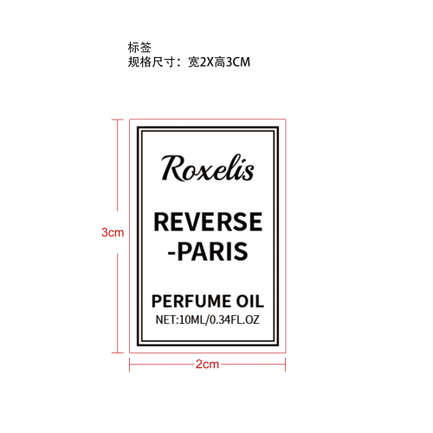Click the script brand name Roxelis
click(x=208, y=168)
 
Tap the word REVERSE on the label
click(x=208, y=222)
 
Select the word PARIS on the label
click(x=212, y=251)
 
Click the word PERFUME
click(x=191, y=301)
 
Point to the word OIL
click(x=250, y=301)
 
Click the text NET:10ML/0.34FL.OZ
click(x=208, y=320)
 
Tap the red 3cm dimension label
click(x=113, y=232)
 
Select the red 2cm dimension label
click(x=207, y=364)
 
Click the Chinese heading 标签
click(x=139, y=48)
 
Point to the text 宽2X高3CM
click(x=219, y=62)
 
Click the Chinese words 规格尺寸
click(x=152, y=62)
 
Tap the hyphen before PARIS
click(x=171, y=253)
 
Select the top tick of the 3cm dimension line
click(x=118, y=120)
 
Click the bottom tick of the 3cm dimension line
click(x=118, y=352)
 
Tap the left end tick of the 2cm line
click(x=130, y=365)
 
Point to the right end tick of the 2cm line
click(x=285, y=365)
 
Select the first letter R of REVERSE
click(x=161, y=222)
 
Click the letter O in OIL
click(x=243, y=301)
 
